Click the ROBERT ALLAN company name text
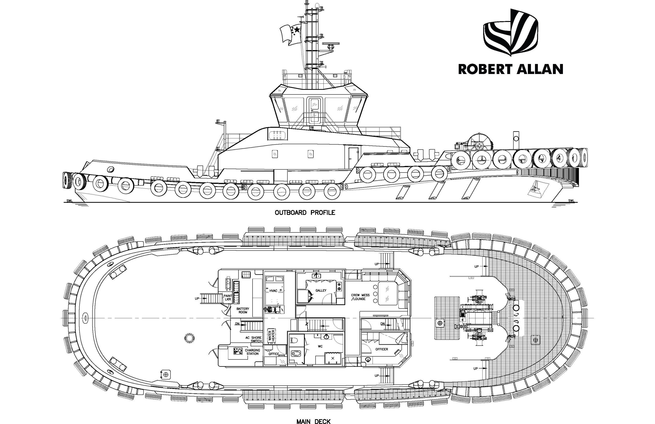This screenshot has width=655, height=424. [x=510, y=69]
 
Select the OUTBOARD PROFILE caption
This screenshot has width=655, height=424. [x=305, y=213]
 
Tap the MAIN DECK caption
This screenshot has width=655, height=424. [x=313, y=421]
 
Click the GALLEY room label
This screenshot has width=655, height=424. [x=321, y=290]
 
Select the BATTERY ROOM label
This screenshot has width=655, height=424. [x=243, y=310]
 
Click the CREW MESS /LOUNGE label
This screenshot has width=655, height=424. [x=360, y=297]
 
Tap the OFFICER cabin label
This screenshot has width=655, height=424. [x=381, y=349]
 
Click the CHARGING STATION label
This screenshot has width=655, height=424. [x=252, y=352]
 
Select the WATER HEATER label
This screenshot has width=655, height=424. [x=271, y=336]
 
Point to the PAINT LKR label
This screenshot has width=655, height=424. [x=228, y=297]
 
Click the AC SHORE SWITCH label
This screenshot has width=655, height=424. [x=254, y=339]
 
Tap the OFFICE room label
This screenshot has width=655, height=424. [x=274, y=354]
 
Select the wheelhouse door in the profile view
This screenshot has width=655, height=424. [x=314, y=110]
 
